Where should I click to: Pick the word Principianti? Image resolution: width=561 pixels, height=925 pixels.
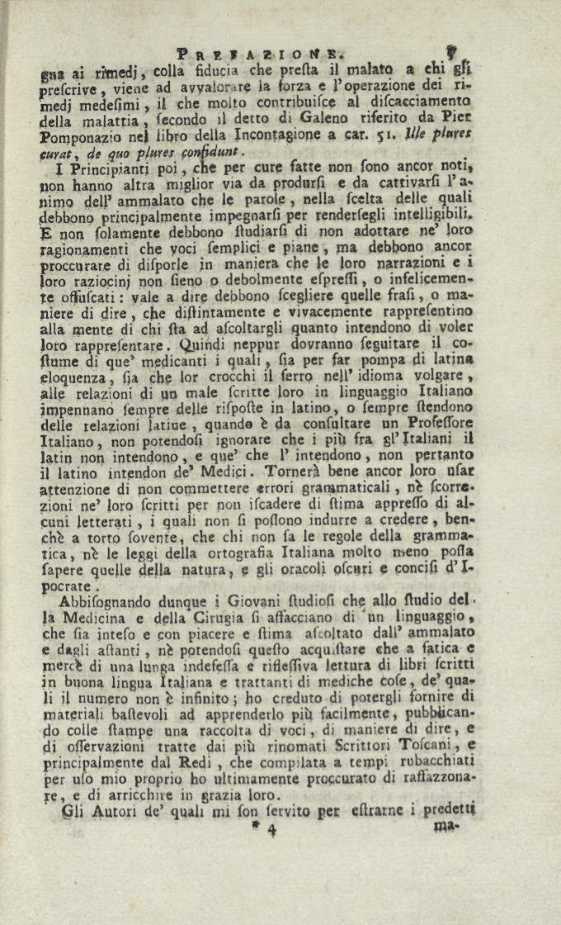[x=97, y=169]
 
